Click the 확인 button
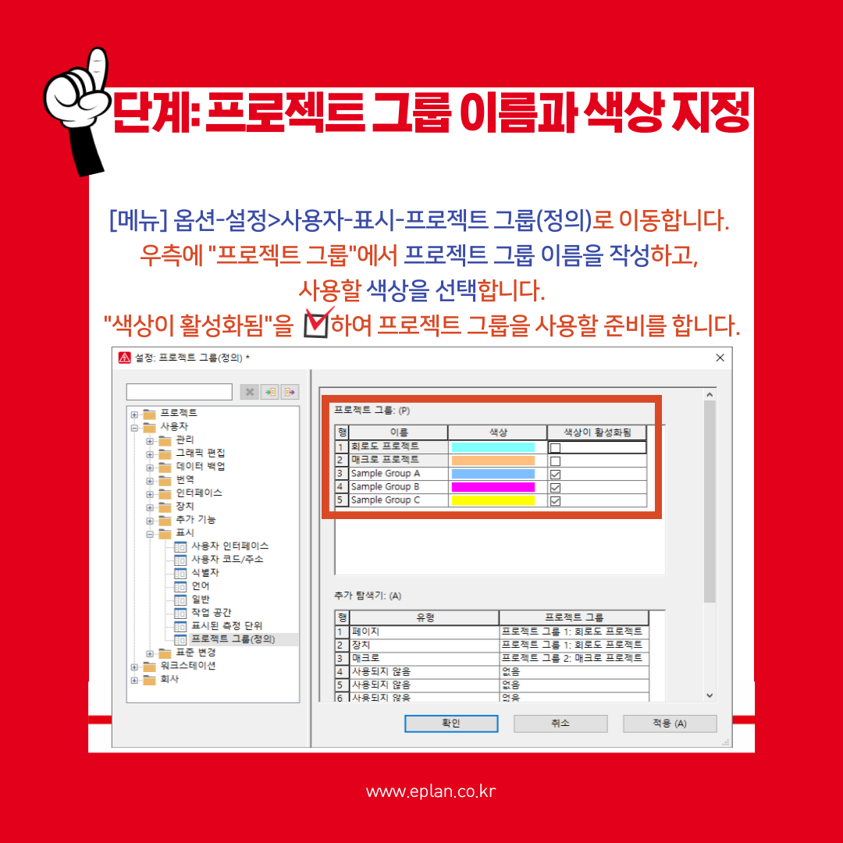(x=450, y=724)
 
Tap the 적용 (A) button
(x=669, y=724)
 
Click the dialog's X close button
(x=720, y=357)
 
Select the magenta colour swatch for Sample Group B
(x=493, y=487)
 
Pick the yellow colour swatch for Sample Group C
(x=493, y=500)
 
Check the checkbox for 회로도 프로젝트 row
(x=556, y=447)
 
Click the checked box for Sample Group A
(x=556, y=474)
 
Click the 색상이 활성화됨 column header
(x=597, y=432)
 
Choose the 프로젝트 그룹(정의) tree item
(x=233, y=639)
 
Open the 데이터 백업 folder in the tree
(x=200, y=466)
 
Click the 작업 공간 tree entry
(x=211, y=613)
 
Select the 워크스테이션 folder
(x=187, y=666)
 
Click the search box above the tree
(x=180, y=392)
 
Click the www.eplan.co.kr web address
(x=431, y=791)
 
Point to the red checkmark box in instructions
(x=316, y=323)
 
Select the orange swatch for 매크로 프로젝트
(x=493, y=461)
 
